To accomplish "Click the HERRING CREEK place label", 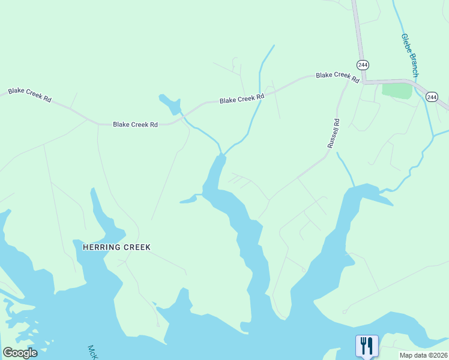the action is point(112,247).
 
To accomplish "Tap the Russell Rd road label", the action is point(333,133).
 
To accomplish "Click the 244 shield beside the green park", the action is point(432,97).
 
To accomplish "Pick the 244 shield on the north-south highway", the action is point(362,65).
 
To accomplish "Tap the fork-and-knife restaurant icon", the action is point(367,346).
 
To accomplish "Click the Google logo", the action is point(20,353).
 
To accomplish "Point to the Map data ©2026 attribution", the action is point(423,355).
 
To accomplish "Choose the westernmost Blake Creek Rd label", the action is point(29,94).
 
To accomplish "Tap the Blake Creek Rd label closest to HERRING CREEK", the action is point(135,124).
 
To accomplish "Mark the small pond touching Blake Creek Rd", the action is point(171,104).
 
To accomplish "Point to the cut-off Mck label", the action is point(92,352).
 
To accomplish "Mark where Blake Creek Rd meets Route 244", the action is point(363,81).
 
